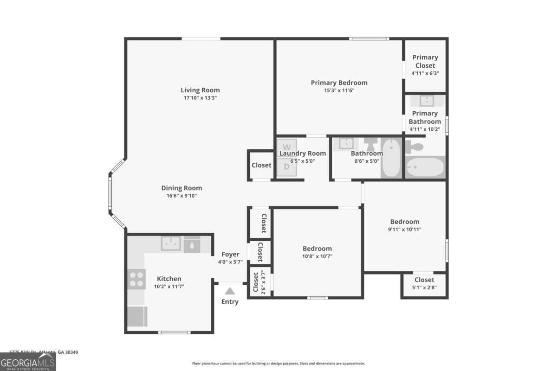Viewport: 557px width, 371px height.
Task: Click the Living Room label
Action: tap(200, 90)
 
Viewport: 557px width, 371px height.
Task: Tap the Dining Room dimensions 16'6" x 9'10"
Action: tap(181, 196)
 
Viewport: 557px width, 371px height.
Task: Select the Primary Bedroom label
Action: tap(339, 83)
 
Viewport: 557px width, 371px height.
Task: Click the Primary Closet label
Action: tap(425, 61)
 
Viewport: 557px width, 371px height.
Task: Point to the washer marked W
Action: tap(287, 147)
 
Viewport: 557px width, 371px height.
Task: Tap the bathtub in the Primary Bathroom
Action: tap(425, 167)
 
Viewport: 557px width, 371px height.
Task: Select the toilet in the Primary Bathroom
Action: tap(415, 147)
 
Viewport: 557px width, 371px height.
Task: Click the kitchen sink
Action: tap(171, 243)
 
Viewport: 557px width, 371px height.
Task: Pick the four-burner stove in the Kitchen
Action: tap(136, 279)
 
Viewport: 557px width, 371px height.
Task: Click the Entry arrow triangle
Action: tap(230, 291)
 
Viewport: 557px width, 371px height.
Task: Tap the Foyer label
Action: tap(230, 254)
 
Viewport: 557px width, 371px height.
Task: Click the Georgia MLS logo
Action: tap(28, 362)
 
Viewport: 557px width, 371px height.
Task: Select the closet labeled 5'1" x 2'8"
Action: tap(424, 283)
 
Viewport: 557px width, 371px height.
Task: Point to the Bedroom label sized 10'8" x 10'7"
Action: tap(317, 249)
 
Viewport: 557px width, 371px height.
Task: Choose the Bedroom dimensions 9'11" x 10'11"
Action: tap(405, 229)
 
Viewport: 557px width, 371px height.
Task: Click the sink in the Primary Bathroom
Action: tap(427, 101)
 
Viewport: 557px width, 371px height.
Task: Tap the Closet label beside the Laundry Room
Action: tap(261, 165)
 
